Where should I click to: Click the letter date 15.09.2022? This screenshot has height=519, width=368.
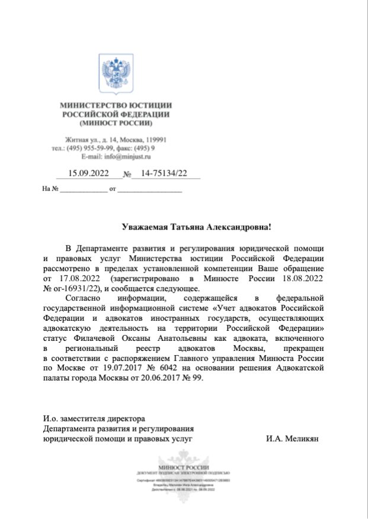pos(89,173)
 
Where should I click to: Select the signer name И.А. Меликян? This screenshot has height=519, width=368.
pos(293,439)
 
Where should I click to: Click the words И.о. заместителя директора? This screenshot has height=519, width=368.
pos(94,419)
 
